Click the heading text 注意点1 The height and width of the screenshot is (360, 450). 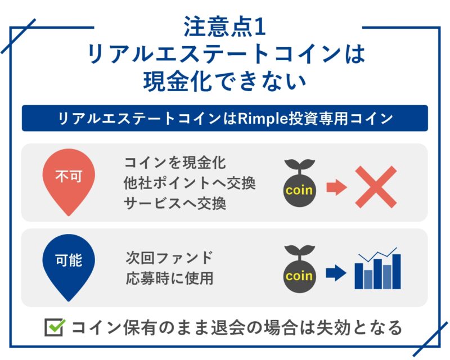tap(224, 26)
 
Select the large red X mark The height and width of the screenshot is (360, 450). tap(376, 187)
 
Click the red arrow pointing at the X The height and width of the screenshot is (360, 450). tap(336, 187)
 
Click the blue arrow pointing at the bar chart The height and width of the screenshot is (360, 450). tap(336, 273)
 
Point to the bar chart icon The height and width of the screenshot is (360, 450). tap(377, 268)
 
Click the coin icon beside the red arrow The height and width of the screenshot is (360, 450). tap(300, 183)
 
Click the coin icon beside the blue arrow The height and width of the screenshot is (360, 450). tap(300, 269)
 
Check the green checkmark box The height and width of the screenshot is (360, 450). tap(55, 327)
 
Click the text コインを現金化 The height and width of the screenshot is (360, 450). tap(175, 163)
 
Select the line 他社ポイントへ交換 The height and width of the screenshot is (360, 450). tap(190, 183)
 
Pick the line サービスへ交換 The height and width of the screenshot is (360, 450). tap(175, 204)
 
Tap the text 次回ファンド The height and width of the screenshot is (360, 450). tap(169, 258)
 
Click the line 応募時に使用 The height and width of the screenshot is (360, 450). tap(169, 278)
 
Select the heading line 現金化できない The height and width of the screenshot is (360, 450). tap(224, 82)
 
